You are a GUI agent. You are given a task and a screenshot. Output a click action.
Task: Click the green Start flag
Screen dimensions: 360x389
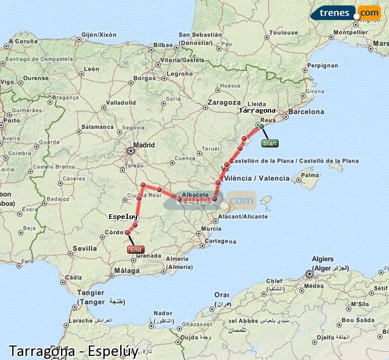[269, 143]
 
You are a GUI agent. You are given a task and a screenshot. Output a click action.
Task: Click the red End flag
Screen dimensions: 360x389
[135, 250]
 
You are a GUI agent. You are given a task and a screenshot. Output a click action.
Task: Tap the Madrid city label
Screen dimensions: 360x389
[144, 145]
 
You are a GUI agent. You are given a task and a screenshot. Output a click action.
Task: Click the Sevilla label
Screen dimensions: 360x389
[85, 248]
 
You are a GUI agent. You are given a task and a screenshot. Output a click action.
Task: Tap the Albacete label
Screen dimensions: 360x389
[195, 195]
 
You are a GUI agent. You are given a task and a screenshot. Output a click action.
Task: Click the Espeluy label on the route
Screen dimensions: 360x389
[123, 217]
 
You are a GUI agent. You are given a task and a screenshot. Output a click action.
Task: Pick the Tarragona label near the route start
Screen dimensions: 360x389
[257, 110]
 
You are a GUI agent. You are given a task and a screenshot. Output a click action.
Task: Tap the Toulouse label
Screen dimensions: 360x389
[284, 33]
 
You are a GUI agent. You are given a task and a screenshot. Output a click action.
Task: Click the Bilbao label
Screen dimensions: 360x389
[164, 45]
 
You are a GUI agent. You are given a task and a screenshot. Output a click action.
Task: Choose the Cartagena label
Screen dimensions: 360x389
[221, 240]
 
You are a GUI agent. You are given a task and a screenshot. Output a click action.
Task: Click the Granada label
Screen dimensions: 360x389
[148, 255]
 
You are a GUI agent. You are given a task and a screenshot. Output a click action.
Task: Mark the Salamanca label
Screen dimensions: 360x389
[97, 127]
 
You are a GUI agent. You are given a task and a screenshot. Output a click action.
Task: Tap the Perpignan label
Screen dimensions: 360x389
[323, 66]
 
